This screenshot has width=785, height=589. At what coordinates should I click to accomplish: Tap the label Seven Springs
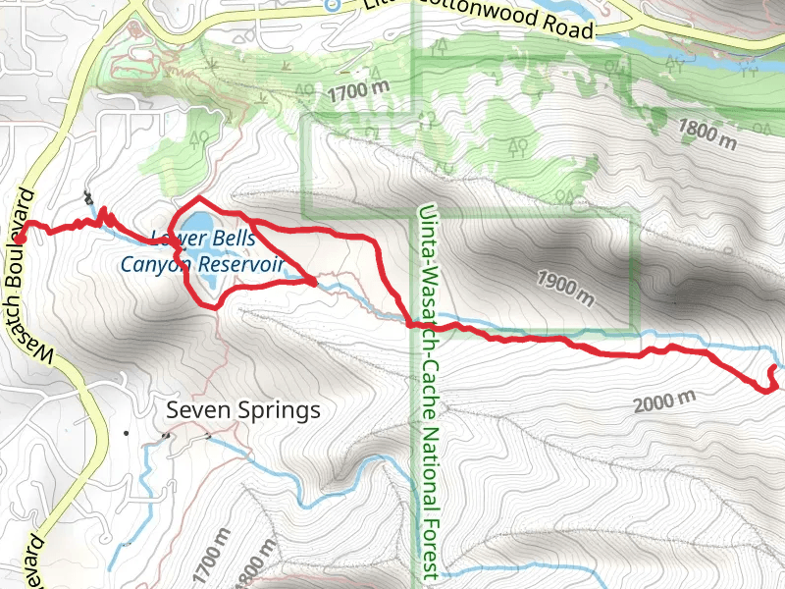coord(243,409)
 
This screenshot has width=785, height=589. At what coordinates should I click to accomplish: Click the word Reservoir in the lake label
coord(241,264)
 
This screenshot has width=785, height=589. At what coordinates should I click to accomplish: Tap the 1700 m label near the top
coord(360,93)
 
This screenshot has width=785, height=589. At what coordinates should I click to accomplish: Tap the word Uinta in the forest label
coord(425,228)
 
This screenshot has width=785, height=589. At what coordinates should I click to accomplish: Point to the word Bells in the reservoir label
coord(232,239)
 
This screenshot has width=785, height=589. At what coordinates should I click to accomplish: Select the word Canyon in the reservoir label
coord(156,264)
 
